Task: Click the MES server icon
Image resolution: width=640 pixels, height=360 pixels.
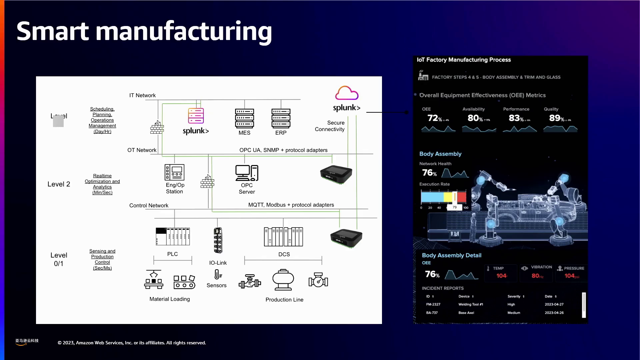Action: click(x=244, y=118)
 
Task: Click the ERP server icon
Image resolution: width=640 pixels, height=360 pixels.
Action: click(x=281, y=118)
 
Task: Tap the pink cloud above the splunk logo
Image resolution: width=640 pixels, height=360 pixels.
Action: click(x=347, y=93)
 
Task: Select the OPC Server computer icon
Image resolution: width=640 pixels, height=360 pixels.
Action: click(x=247, y=173)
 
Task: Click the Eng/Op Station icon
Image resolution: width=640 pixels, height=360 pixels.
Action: click(x=174, y=172)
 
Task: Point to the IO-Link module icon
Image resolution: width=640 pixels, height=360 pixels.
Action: click(x=218, y=240)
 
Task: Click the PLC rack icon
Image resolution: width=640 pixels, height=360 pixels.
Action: click(x=173, y=236)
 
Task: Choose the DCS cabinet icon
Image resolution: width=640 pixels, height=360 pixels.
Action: click(x=283, y=237)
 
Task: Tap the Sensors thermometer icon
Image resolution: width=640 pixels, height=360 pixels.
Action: click(x=218, y=274)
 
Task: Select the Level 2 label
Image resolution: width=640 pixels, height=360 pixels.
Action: click(x=59, y=184)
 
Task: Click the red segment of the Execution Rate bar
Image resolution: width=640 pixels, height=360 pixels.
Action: click(x=462, y=197)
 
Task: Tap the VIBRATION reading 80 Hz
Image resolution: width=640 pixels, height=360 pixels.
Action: click(x=537, y=276)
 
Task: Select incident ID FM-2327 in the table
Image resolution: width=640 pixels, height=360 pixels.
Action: click(x=433, y=304)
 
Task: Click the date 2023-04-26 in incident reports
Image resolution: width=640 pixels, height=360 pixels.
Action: click(x=554, y=313)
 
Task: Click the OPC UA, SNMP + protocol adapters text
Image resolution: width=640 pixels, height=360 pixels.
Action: click(x=283, y=150)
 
